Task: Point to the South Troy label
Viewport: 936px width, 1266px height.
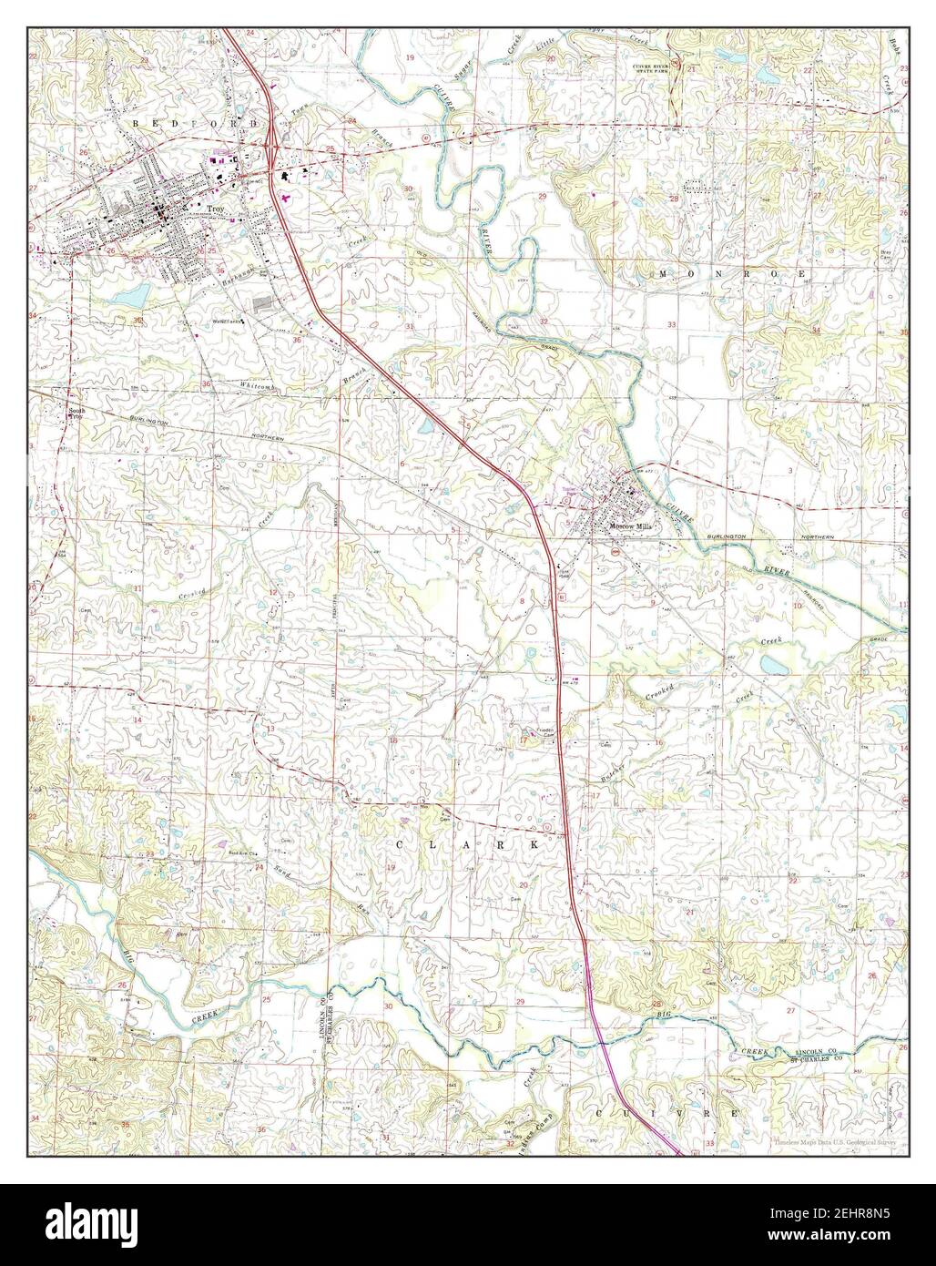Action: tap(77, 413)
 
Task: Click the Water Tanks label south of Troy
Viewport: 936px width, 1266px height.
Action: tap(227, 321)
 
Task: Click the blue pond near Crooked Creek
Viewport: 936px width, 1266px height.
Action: tap(772, 666)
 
